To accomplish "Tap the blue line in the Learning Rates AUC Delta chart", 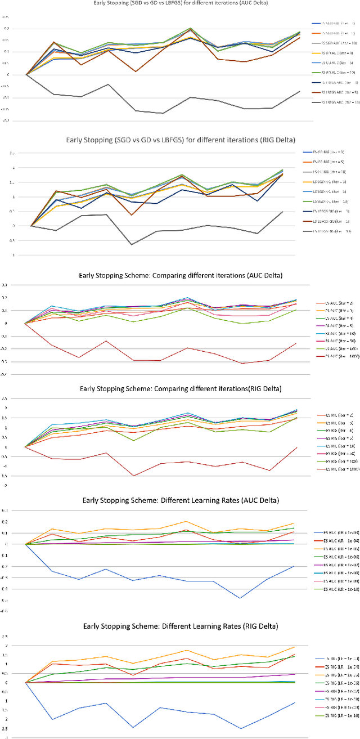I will tap(133, 580).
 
